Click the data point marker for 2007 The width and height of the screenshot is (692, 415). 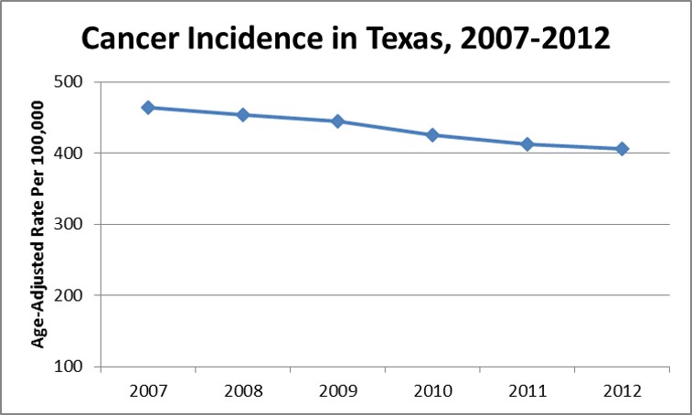coord(148,108)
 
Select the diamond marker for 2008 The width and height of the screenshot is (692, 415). coord(243,115)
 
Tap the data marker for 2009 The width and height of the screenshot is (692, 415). coord(337,122)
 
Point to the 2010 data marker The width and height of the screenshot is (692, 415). coord(432,135)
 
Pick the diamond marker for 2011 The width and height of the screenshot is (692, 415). coord(527,144)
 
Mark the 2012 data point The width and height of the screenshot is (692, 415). coord(622,149)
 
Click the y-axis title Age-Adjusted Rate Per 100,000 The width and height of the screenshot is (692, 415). coord(39,225)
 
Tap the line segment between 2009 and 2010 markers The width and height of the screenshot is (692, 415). coord(385,129)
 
